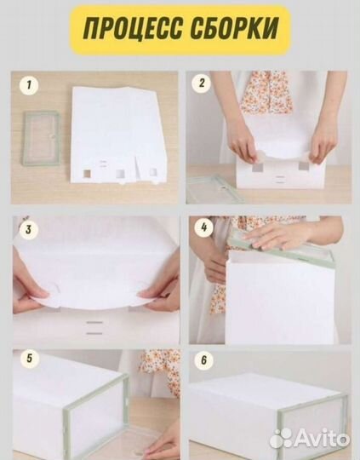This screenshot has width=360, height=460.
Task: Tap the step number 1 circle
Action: [29, 85]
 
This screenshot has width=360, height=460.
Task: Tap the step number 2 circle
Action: [201, 83]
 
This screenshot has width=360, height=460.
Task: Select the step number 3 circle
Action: [28, 229]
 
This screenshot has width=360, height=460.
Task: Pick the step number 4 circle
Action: [204, 227]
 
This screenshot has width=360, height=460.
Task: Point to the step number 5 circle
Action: [29, 359]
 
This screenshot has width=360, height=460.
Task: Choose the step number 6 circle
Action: [204, 360]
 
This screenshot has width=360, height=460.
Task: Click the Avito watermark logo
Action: [310, 439]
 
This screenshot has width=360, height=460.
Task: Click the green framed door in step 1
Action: [41, 138]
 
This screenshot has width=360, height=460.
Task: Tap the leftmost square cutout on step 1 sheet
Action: [87, 174]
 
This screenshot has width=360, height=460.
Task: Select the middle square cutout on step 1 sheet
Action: [120, 174]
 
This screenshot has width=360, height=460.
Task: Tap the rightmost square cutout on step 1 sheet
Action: [153, 172]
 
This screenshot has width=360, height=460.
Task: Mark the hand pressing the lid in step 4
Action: [277, 235]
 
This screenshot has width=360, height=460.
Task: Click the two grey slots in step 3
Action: [94, 328]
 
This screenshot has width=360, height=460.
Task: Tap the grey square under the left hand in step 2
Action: [258, 167]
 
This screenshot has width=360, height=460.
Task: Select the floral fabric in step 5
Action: [162, 372]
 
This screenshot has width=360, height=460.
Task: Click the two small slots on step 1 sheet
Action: [103, 164]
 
